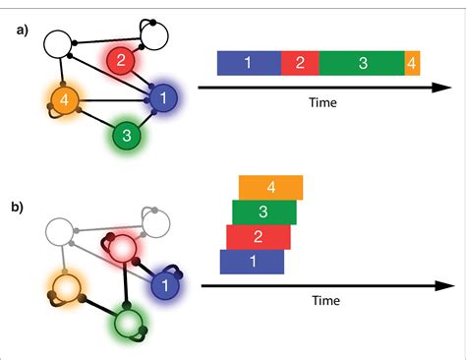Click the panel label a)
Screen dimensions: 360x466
[x=22, y=30]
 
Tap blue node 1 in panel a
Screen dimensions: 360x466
[x=162, y=97]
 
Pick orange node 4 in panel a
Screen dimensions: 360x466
[x=61, y=99]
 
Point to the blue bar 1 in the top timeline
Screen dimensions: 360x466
[x=248, y=63]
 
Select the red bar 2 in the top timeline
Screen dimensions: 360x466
[x=300, y=63]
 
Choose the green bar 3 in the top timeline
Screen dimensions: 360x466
[x=361, y=63]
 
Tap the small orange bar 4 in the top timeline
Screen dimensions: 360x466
[x=412, y=63]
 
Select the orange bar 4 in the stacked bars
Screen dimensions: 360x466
[x=270, y=187]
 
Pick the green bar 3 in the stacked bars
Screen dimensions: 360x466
[x=263, y=211]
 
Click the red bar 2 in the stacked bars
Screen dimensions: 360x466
[x=258, y=237]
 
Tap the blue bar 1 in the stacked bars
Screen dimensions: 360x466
[x=252, y=262]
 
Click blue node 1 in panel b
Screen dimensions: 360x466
[x=166, y=285]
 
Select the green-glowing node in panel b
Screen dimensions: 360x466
[x=129, y=323]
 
